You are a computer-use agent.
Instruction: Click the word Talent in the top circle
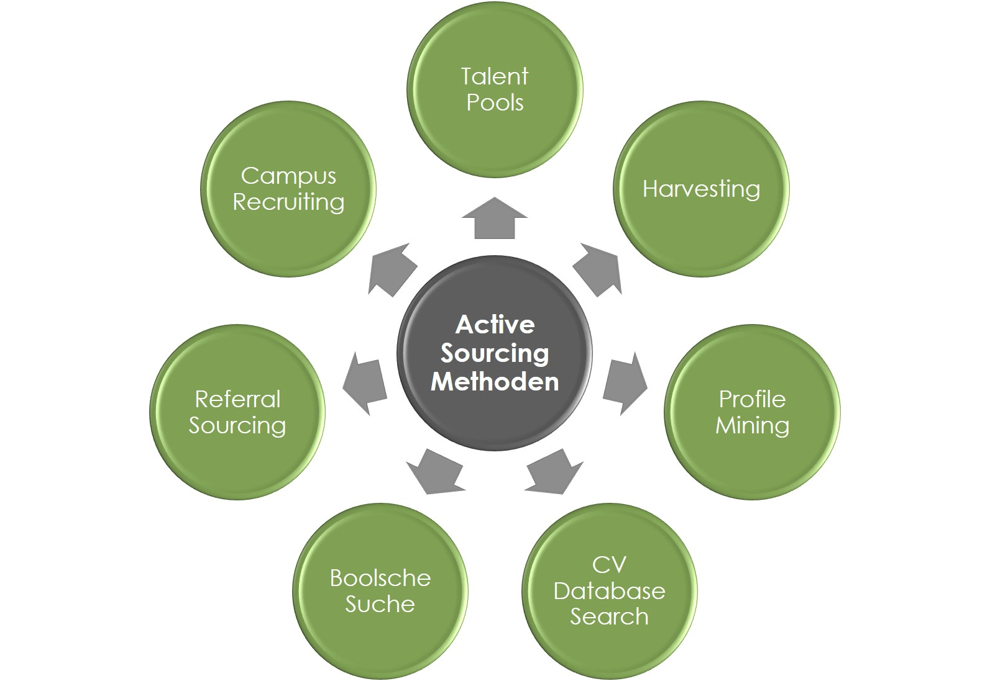[495, 76]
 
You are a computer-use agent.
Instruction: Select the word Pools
[495, 102]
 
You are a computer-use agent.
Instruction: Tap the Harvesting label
[701, 189]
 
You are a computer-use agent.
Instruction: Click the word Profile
[752, 399]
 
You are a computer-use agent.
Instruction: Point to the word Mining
[752, 425]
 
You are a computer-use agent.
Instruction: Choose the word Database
[609, 591]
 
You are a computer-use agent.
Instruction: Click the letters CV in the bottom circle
[609, 565]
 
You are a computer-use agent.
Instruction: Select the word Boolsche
[380, 578]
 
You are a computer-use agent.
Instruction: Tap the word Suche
[380, 604]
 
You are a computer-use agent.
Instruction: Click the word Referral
[237, 399]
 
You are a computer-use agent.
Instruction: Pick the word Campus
[288, 176]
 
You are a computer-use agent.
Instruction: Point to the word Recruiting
[288, 202]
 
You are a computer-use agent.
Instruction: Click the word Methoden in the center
[495, 381]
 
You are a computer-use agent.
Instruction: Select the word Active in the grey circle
[495, 324]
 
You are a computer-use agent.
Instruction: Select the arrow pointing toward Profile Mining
[624, 383]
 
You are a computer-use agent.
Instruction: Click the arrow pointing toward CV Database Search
[555, 471]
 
